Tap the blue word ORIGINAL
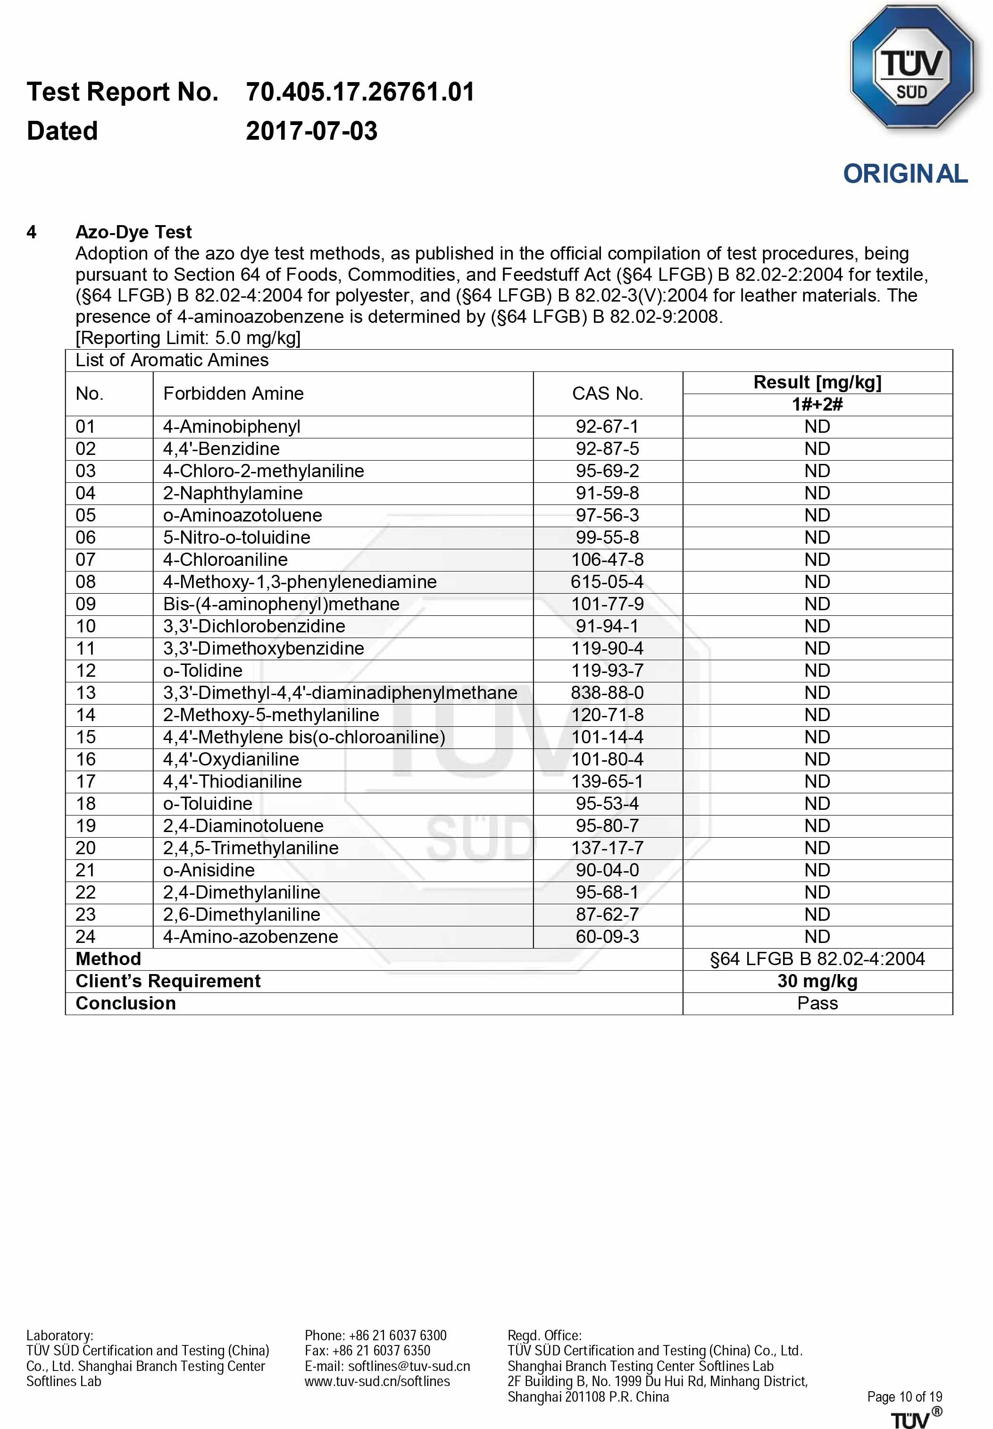(905, 174)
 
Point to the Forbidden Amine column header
(234, 393)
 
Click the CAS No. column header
(607, 393)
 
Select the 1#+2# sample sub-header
(817, 404)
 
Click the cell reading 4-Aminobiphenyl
(232, 427)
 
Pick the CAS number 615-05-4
(607, 582)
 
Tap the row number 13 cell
(86, 693)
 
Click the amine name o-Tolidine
(203, 670)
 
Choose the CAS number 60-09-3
(607, 937)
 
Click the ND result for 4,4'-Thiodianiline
(817, 781)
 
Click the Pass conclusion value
(817, 1003)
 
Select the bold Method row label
(108, 958)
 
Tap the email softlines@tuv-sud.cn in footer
(409, 1366)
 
